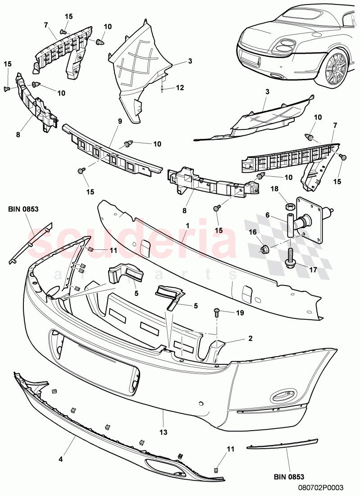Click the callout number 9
[x=120, y=121]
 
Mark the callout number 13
[x=163, y=432]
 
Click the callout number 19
[x=239, y=312]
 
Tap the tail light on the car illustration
[x=283, y=46]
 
